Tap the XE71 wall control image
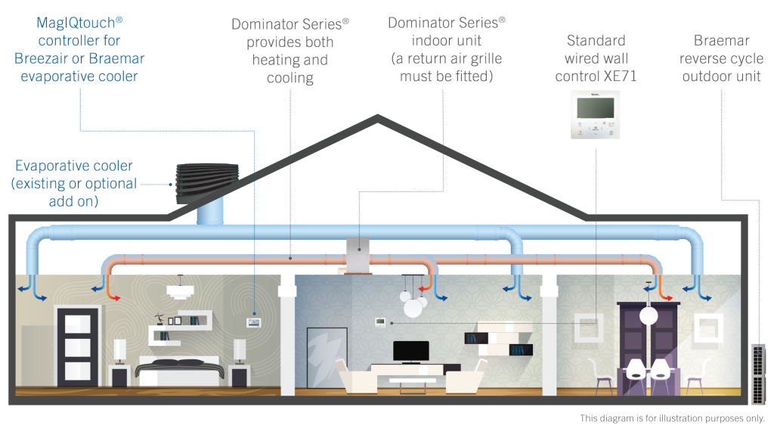[594, 113]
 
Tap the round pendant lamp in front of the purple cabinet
[648, 315]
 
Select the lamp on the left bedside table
[119, 350]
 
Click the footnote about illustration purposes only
[672, 418]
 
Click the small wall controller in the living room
[380, 322]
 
